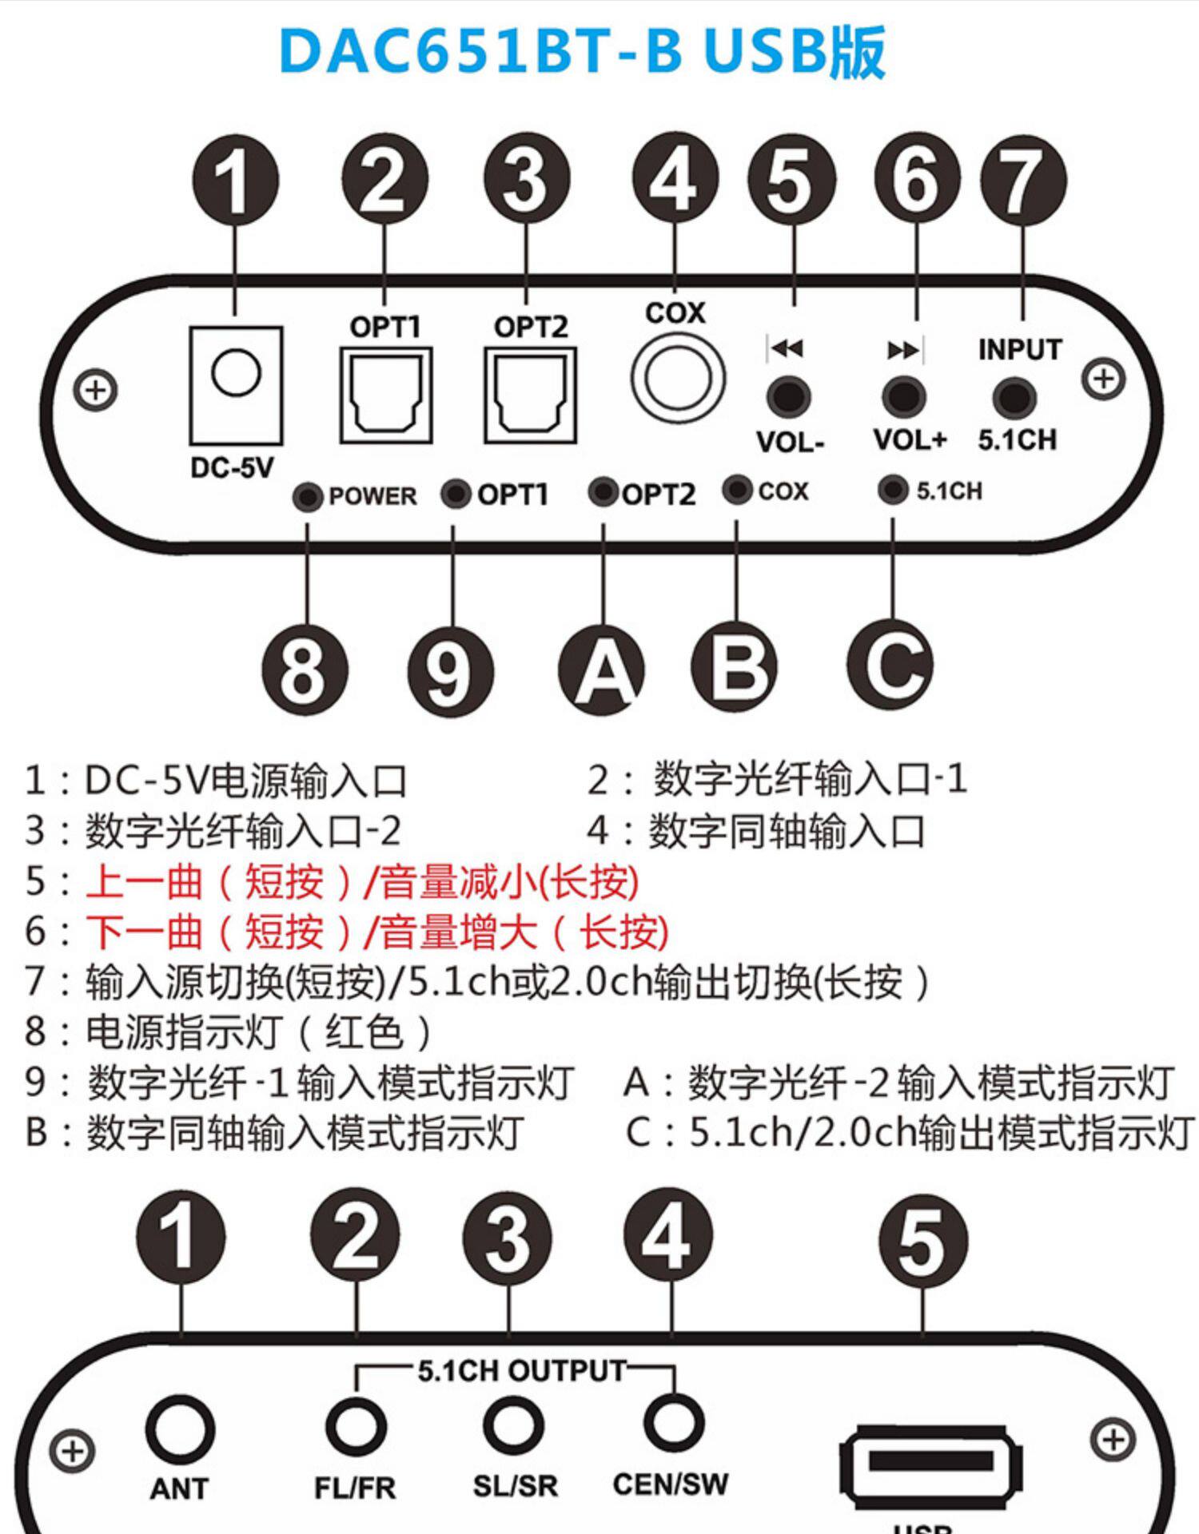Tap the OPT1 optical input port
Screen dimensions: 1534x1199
click(386, 395)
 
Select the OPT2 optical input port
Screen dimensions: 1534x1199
click(530, 395)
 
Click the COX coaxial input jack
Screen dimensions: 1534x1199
click(677, 378)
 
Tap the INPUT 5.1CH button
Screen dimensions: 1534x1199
click(1014, 397)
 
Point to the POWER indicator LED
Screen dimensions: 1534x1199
click(308, 496)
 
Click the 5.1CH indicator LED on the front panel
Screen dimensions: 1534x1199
click(892, 489)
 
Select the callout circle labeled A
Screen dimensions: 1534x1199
click(601, 668)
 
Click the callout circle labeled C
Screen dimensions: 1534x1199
click(890, 665)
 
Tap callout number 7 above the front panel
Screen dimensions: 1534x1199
click(1023, 181)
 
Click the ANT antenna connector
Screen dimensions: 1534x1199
click(180, 1429)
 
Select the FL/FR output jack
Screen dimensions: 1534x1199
click(356, 1425)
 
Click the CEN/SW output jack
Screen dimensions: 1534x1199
click(673, 1422)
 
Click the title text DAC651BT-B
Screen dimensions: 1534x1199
click(480, 52)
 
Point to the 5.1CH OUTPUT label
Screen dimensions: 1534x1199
click(521, 1371)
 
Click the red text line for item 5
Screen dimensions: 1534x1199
click(361, 882)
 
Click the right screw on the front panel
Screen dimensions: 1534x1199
click(1104, 379)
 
